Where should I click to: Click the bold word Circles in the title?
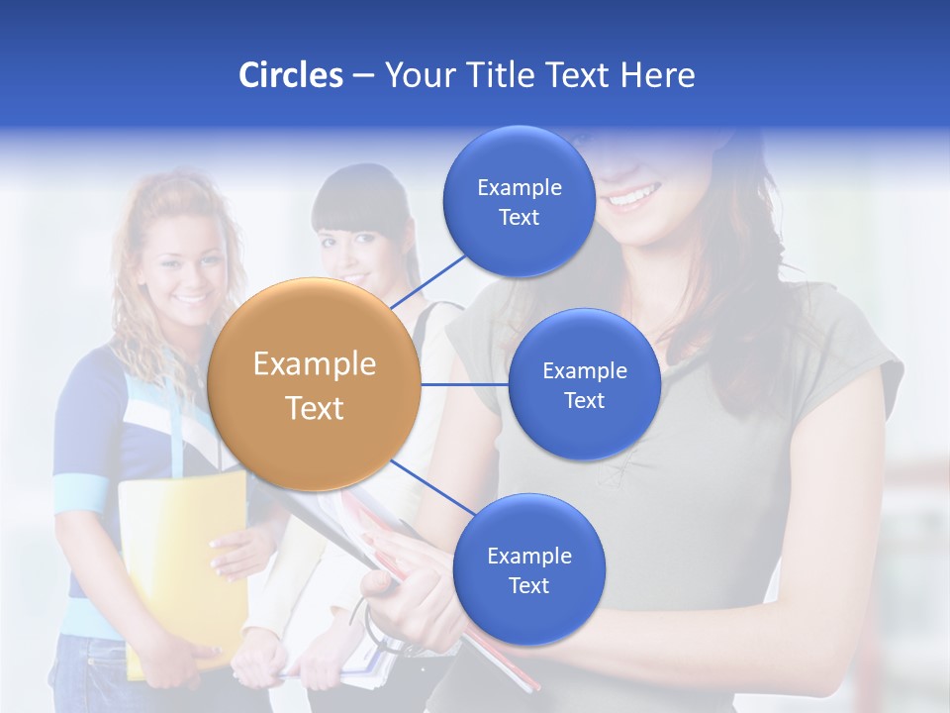pyautogui.click(x=290, y=75)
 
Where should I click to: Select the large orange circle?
pyautogui.click(x=314, y=384)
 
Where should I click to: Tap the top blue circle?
pyautogui.click(x=519, y=202)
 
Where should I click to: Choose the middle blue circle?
pyautogui.click(x=584, y=385)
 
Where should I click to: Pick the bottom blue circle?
pyautogui.click(x=528, y=570)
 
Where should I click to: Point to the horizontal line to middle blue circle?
pyautogui.click(x=465, y=384)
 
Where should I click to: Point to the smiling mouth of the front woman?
pyautogui.click(x=632, y=196)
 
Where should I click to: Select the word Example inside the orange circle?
pyautogui.click(x=314, y=364)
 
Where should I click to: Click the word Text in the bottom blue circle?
pyautogui.click(x=528, y=586)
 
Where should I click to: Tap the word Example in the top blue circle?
pyautogui.click(x=519, y=188)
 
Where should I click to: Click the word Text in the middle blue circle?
pyautogui.click(x=584, y=401)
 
